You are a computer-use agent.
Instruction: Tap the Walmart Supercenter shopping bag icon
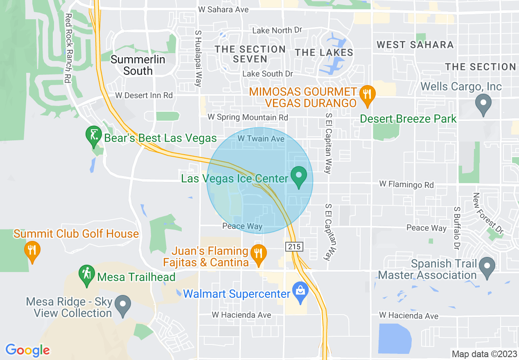pos(301,291)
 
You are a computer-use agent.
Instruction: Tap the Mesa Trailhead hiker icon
pos(86,273)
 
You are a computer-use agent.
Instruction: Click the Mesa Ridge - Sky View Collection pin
pos(122,304)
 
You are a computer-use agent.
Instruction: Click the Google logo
pos(27,350)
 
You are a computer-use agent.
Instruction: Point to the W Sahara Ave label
pos(223,9)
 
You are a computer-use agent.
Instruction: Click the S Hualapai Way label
pos(199,57)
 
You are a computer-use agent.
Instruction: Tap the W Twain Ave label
pos(261,139)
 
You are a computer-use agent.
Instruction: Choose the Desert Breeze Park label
pos(408,119)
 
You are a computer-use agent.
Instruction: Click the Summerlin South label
pos(138,65)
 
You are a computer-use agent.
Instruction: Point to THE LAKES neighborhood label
pos(324,52)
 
